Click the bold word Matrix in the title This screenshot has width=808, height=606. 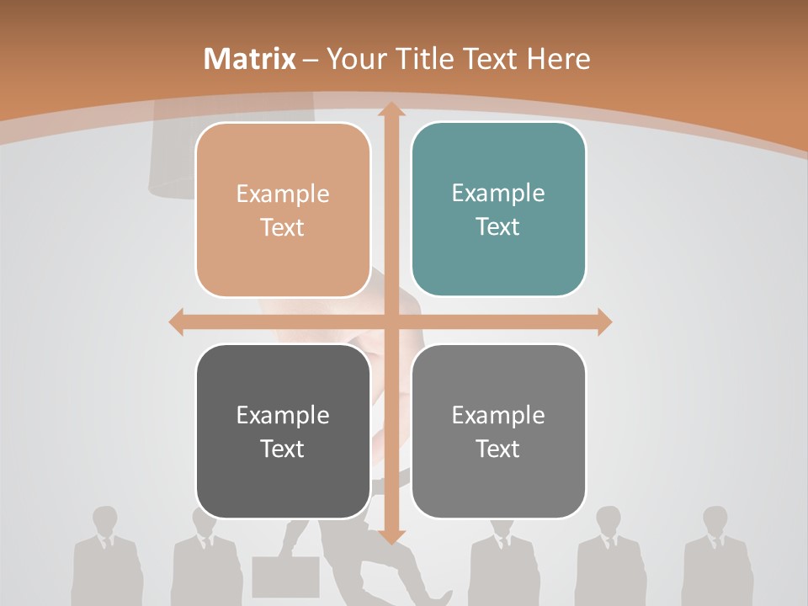(250, 59)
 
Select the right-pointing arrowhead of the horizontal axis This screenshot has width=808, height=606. (603, 322)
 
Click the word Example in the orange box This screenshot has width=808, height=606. (283, 194)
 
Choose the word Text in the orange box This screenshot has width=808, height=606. (283, 227)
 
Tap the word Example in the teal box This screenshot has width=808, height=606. (498, 194)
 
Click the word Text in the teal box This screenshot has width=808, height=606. (498, 226)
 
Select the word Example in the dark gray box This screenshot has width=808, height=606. (283, 415)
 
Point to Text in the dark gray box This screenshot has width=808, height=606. (283, 449)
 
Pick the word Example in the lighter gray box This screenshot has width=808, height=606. (498, 415)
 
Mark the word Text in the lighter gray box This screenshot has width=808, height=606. (498, 449)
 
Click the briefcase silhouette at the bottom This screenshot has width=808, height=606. (286, 577)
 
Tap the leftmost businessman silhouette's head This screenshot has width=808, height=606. (104, 521)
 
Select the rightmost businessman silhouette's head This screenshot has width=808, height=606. (715, 521)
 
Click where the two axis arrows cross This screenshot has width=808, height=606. (391, 322)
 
